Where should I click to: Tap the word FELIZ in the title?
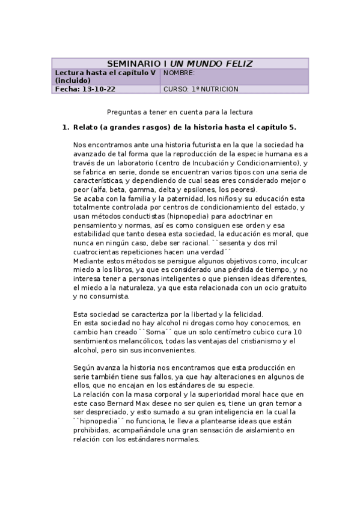(x=237, y=64)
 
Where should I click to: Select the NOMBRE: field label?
(x=179, y=73)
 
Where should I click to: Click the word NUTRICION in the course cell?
(x=220, y=89)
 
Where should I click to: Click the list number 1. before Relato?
(x=66, y=127)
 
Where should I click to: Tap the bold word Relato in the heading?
(x=85, y=127)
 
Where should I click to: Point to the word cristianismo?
(x=252, y=341)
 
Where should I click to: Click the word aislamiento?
(x=254, y=430)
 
